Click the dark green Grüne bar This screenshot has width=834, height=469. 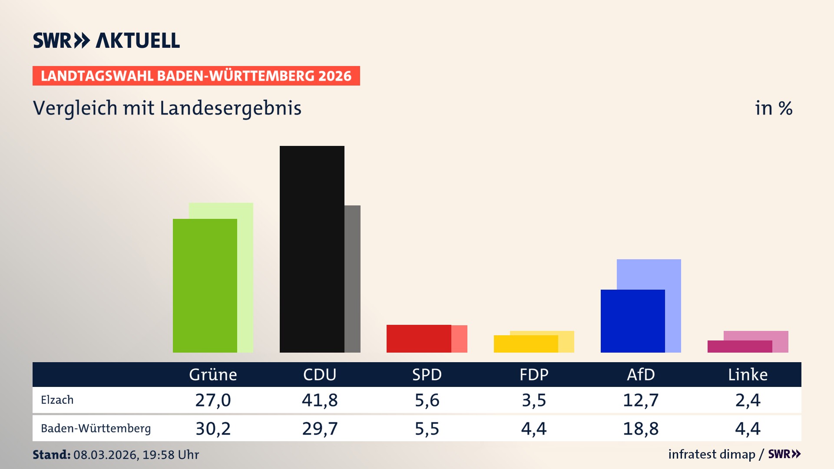pyautogui.click(x=205, y=285)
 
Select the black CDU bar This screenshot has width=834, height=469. pyautogui.click(x=312, y=249)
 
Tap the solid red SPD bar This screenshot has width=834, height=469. pyautogui.click(x=418, y=338)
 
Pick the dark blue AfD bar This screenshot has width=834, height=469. pyautogui.click(x=632, y=321)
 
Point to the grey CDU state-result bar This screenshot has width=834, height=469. pyautogui.click(x=352, y=278)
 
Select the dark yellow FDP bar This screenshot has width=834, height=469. pyautogui.click(x=526, y=344)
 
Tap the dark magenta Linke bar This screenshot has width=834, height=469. pyautogui.click(x=739, y=347)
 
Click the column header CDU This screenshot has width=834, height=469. pyautogui.click(x=320, y=374)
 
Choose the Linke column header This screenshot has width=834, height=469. pyautogui.click(x=748, y=374)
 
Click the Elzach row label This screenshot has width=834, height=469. pyautogui.click(x=57, y=400)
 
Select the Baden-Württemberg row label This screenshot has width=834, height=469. pyautogui.click(x=96, y=429)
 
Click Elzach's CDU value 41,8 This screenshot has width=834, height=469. pyautogui.click(x=320, y=400)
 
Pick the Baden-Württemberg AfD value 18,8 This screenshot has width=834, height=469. pyautogui.click(x=641, y=429)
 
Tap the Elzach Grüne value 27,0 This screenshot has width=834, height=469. pyautogui.click(x=213, y=400)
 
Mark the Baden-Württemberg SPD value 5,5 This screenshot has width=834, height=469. pyautogui.click(x=427, y=429)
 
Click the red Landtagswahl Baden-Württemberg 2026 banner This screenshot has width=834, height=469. pyautogui.click(x=196, y=76)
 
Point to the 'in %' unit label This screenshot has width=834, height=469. pyautogui.click(x=773, y=108)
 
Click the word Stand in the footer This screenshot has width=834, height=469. pyautogui.click(x=51, y=455)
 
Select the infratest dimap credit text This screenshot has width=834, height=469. pyautogui.click(x=712, y=454)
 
